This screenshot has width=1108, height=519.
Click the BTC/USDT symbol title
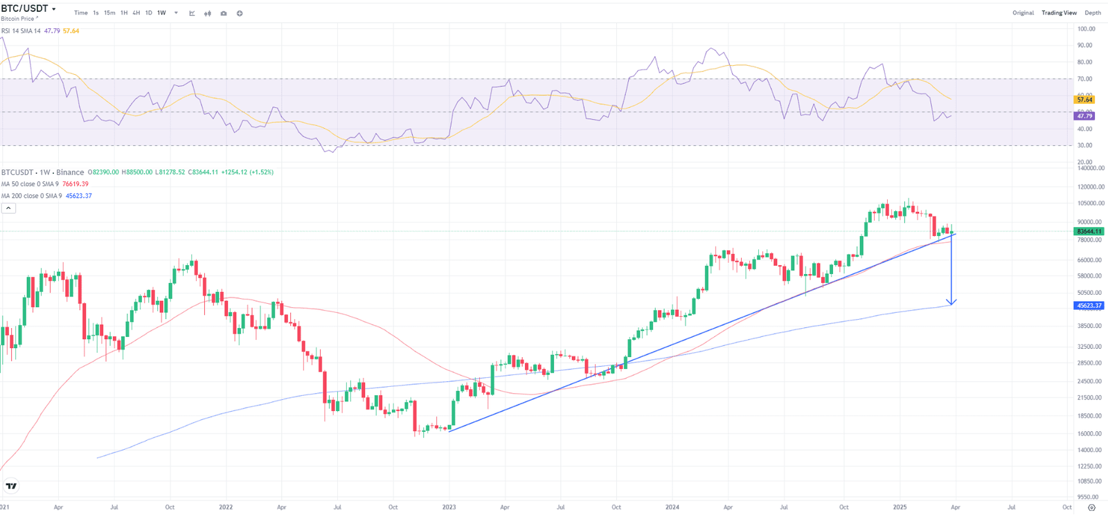point(25,8)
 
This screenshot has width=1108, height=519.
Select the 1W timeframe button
point(161,13)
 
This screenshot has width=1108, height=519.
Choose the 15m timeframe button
point(109,13)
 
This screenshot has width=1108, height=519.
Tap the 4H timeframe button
point(136,13)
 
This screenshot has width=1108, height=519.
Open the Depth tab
point(1093,13)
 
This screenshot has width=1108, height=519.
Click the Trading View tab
point(1059,13)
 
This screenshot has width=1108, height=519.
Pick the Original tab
point(1023,13)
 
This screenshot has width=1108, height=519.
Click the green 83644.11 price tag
point(1089,231)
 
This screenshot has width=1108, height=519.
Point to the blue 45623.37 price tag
point(1089,305)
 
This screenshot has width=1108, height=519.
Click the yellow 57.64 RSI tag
point(1084,100)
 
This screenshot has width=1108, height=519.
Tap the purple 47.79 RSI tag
point(1084,116)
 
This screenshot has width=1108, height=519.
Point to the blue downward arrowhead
point(952,302)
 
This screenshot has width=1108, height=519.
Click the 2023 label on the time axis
point(449,507)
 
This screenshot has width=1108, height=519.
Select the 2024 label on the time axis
point(672,507)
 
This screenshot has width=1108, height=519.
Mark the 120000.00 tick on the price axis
point(1091,187)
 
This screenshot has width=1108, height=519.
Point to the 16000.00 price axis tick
point(1090,434)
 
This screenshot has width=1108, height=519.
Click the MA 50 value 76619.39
point(75,184)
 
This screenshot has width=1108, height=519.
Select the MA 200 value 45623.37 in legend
point(78,196)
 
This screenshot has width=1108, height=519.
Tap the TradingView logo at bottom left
point(11,486)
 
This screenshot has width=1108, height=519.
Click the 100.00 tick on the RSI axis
point(1087,29)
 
